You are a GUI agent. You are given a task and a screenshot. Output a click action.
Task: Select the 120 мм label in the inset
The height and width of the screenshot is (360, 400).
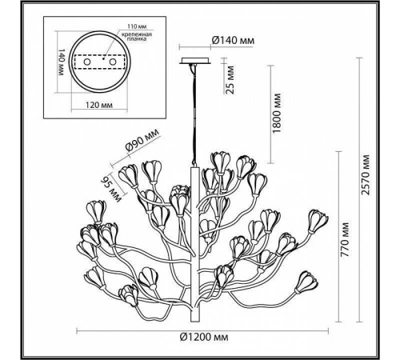click(x=98, y=103)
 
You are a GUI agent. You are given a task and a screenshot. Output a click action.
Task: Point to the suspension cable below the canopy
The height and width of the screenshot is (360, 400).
click(x=193, y=112)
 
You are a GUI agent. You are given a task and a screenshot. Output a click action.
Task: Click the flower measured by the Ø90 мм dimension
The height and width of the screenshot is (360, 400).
click(x=130, y=176)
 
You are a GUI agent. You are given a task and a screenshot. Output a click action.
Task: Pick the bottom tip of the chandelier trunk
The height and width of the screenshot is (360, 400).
click(x=193, y=314)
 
